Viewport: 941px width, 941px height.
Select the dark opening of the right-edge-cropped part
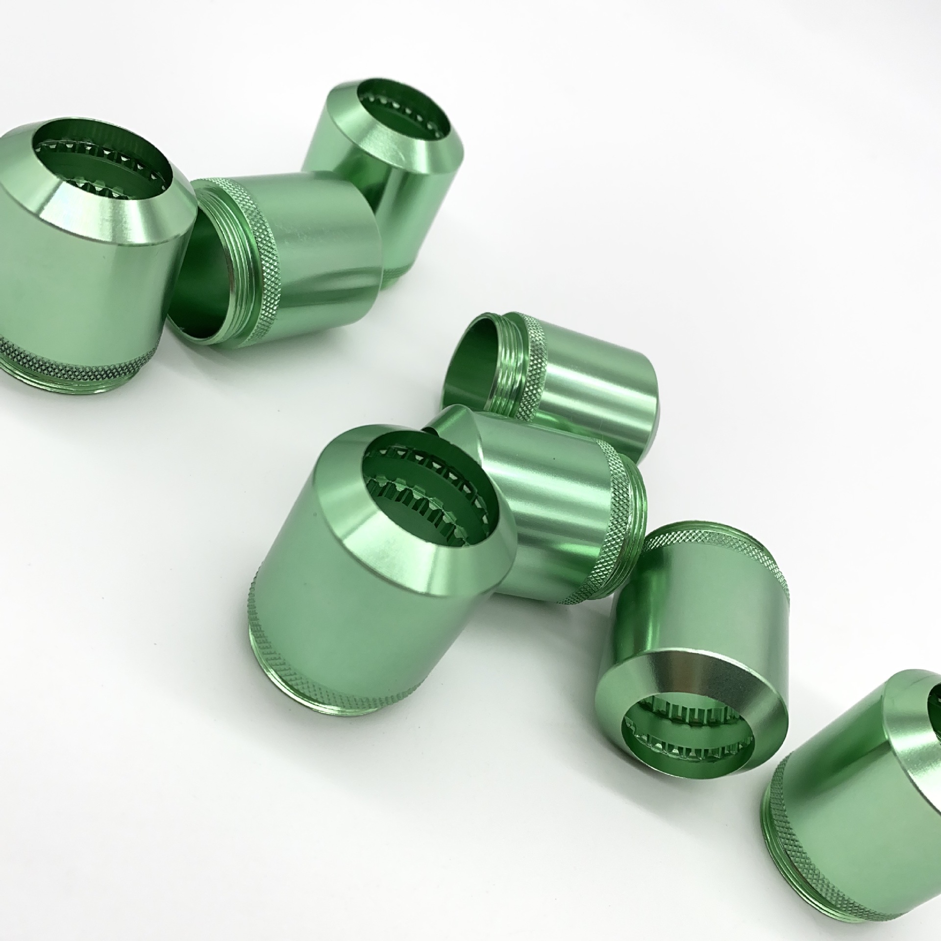pyautogui.click(x=934, y=696)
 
